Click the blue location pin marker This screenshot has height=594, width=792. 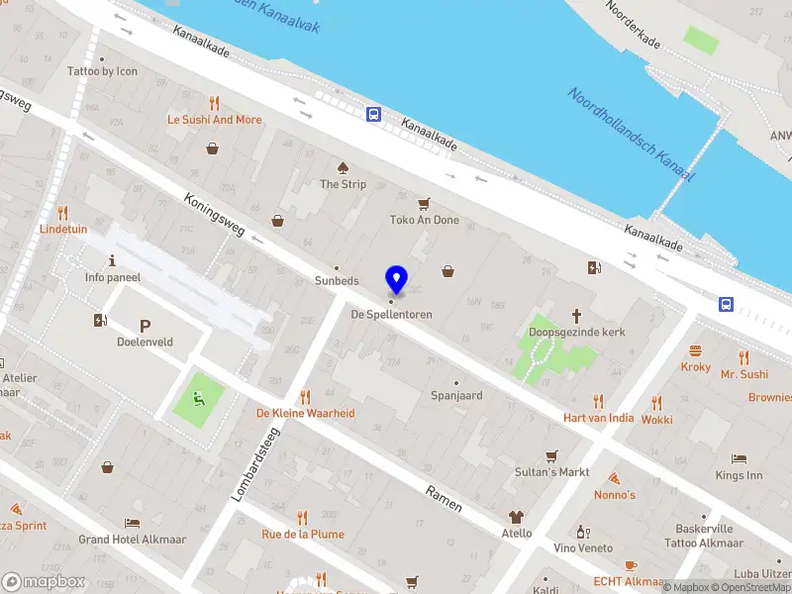point(397,279)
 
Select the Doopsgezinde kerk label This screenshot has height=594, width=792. point(577,334)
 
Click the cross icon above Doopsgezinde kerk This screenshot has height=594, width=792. point(577,316)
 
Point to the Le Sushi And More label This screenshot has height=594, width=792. point(215,120)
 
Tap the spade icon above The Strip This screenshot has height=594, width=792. point(343,166)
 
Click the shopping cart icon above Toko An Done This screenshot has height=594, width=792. point(425,203)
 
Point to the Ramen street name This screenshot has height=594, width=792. point(444,498)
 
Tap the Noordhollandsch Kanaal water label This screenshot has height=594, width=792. point(632,134)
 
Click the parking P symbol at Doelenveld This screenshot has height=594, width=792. point(145,326)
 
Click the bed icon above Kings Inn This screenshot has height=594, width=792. point(739,459)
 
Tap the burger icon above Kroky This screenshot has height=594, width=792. point(695,350)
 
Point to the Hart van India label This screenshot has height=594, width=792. point(598,418)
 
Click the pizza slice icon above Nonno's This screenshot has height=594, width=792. point(614,477)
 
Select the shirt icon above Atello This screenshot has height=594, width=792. point(515,516)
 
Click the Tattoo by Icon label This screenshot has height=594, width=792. point(102,71)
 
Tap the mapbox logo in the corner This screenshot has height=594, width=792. point(43,581)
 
